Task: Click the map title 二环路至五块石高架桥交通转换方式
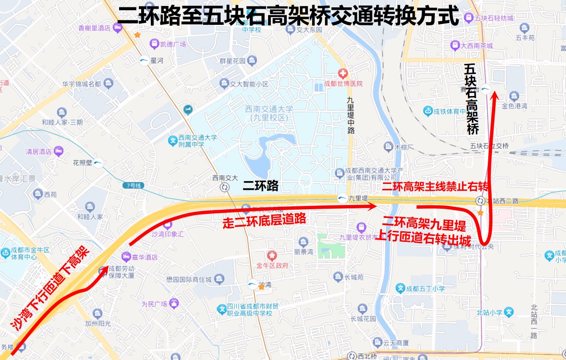pos(288,17)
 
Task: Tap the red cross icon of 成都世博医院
pos(342,73)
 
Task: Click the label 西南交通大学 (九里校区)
pos(269,113)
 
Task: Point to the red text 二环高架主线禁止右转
pos(435,187)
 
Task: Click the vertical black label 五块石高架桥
pos(471,98)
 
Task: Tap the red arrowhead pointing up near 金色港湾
pos(494,96)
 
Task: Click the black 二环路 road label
pos(261,186)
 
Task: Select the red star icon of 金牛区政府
pos(272,255)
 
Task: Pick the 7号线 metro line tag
pos(134,186)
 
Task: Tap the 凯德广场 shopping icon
pos(154,44)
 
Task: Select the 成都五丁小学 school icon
pos(400,289)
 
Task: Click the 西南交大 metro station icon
pos(225,187)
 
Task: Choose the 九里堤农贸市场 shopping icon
pos(361,227)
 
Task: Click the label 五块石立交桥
pos(489,146)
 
